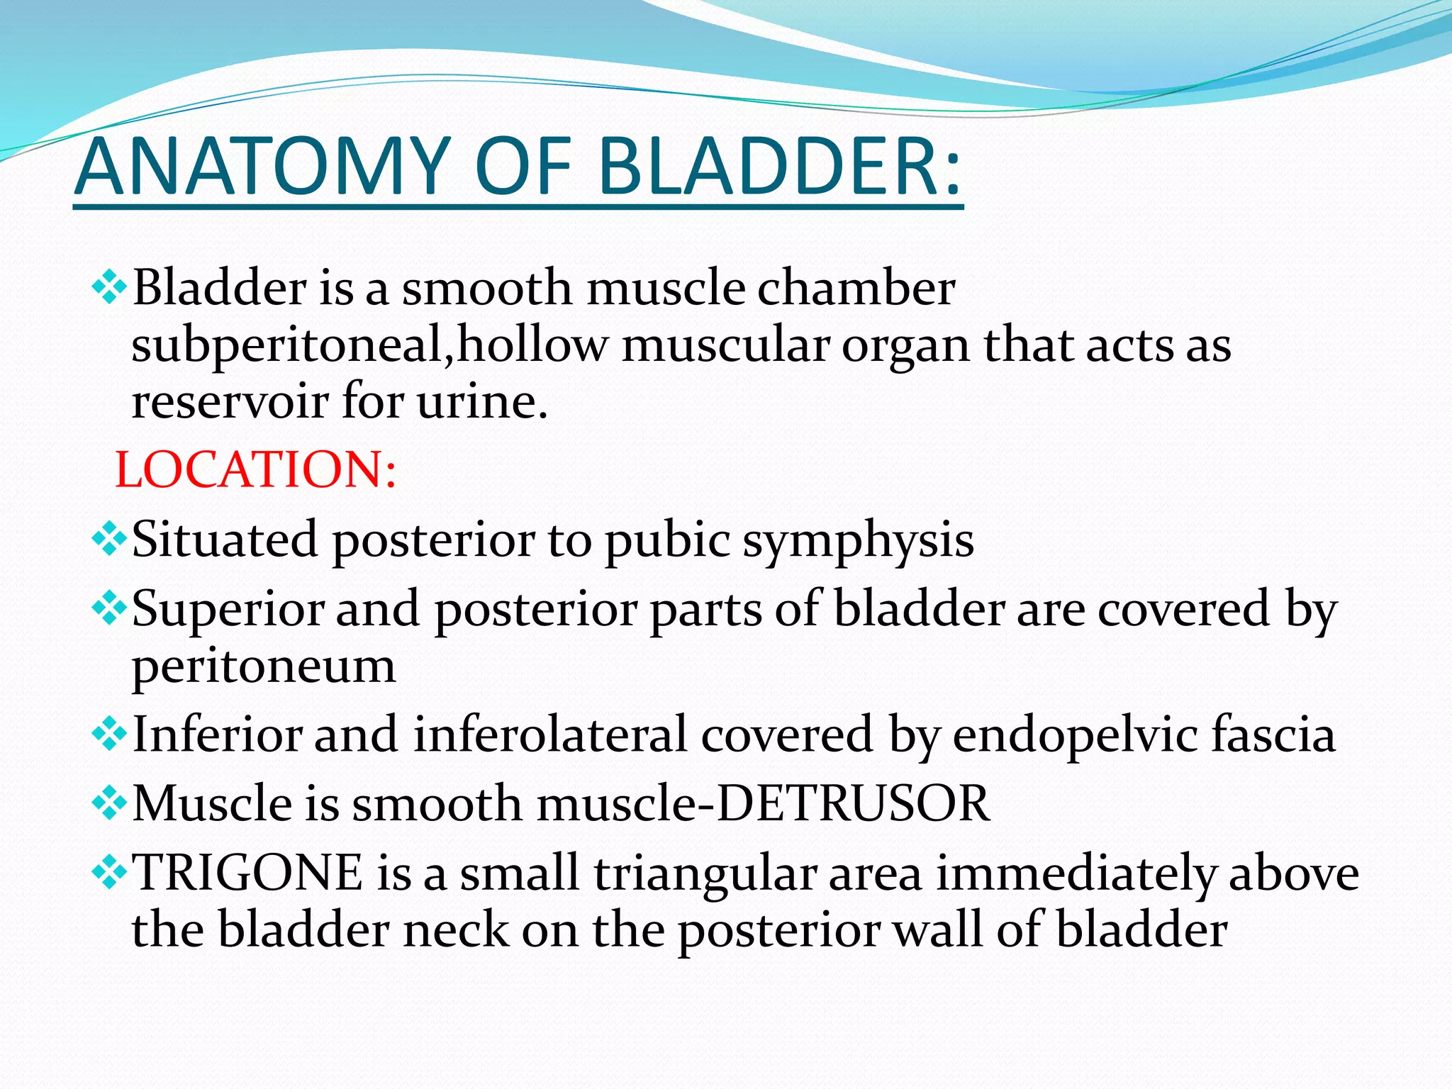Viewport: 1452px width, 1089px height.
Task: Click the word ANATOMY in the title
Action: coord(262,167)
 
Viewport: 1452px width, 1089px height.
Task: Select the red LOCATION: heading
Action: coord(255,469)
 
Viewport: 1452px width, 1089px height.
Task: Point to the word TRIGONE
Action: coord(248,873)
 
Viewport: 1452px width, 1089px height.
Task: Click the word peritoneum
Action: coord(264,667)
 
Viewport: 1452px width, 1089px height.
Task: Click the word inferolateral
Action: coord(550,735)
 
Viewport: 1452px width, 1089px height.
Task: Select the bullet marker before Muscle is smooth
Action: coord(109,804)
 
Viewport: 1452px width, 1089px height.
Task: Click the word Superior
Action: coord(227,610)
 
